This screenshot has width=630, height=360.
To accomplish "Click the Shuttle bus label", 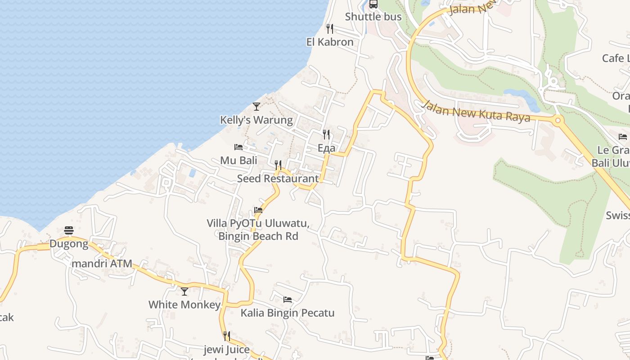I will click(x=373, y=17).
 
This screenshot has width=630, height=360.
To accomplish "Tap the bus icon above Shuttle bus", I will click(x=373, y=4).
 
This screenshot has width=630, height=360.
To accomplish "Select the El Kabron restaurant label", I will click(x=330, y=42).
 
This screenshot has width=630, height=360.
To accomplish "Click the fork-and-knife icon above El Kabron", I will click(x=330, y=29).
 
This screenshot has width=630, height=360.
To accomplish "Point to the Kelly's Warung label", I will click(x=256, y=120).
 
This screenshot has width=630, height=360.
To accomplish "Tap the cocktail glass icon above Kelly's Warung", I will click(x=256, y=107).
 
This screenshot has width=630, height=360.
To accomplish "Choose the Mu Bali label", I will click(x=238, y=161).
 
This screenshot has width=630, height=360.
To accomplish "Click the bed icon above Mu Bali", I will click(x=238, y=147).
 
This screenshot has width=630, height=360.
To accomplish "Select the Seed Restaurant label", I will click(x=278, y=179).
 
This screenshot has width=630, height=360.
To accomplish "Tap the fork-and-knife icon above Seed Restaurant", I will click(x=278, y=165).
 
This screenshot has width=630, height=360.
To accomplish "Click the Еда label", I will click(x=326, y=148).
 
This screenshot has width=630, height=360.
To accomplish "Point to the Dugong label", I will click(x=69, y=244).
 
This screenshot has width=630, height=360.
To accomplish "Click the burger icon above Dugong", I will click(x=69, y=231).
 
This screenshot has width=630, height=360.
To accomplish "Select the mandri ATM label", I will click(x=102, y=264).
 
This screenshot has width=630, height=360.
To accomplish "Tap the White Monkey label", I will click(x=184, y=305).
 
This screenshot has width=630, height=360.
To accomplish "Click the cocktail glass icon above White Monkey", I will click(x=184, y=292).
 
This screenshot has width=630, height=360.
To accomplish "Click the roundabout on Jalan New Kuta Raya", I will click(x=558, y=120).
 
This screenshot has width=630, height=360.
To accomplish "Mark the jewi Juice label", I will click(x=226, y=350).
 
